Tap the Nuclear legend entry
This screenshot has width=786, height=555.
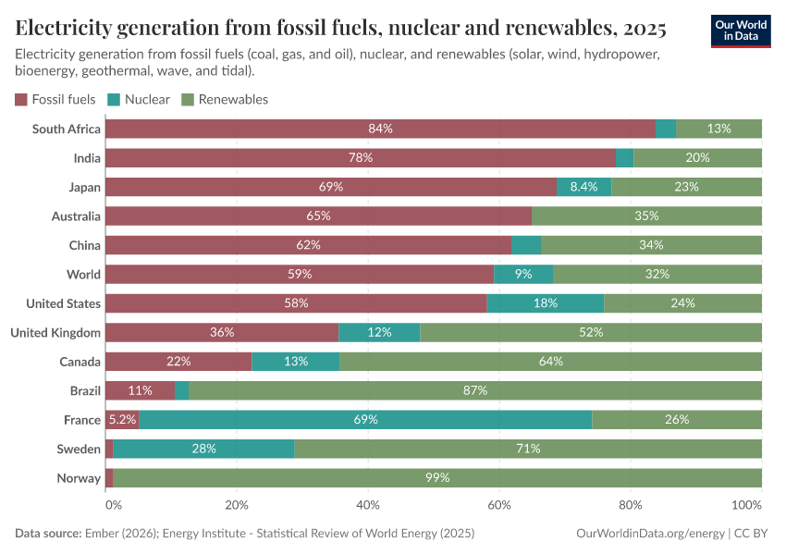coord(139,99)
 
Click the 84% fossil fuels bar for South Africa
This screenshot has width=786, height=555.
coord(380,129)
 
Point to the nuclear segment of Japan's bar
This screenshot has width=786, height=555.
coord(583,187)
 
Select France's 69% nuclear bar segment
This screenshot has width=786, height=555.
coord(365,420)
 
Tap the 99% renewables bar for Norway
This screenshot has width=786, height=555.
coord(437,478)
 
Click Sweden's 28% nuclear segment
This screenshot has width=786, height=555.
coord(203,449)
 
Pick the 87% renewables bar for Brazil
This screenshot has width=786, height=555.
coord(475,390)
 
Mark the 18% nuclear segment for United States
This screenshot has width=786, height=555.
coord(545,303)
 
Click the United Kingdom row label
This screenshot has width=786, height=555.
coord(55,332)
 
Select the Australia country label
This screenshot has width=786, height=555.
coord(76,216)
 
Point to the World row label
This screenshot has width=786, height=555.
coord(83,275)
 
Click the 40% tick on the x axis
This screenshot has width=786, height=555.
coord(368,505)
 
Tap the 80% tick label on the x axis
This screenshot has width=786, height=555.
coord(631,505)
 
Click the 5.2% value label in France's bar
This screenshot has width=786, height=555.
coord(122,420)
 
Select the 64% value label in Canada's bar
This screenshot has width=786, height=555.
coord(550,362)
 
